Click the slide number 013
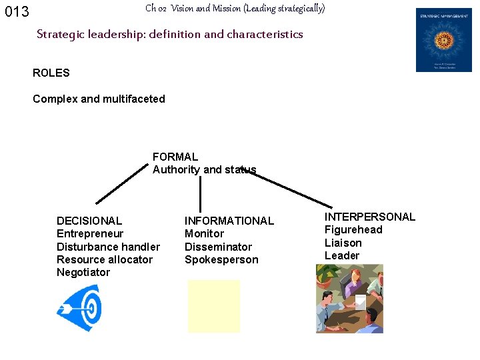[x=17, y=12]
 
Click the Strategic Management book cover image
[x=443, y=40]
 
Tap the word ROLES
[x=51, y=73]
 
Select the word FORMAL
[x=175, y=157]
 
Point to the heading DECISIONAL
[x=89, y=221]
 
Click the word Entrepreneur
[x=90, y=233]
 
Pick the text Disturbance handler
[x=108, y=247]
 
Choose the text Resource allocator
[x=105, y=259]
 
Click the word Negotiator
[x=83, y=272]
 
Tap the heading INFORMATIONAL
[x=229, y=221]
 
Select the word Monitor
[x=204, y=233]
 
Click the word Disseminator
[x=218, y=247]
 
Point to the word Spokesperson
[x=221, y=259]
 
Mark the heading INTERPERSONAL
[x=369, y=217]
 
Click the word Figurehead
[x=353, y=229]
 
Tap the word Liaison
[x=343, y=243]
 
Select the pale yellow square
[x=213, y=306]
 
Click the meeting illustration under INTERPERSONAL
[x=350, y=298]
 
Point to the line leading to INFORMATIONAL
[x=200, y=195]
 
